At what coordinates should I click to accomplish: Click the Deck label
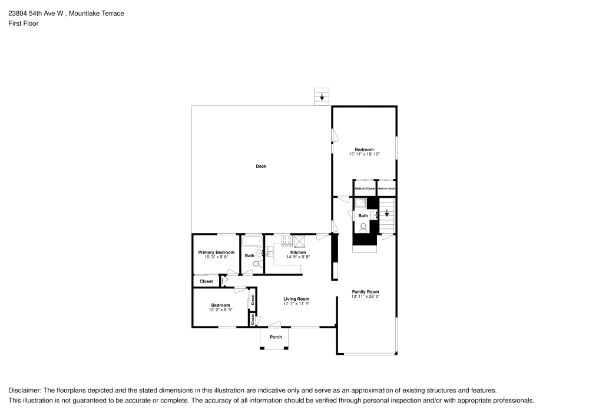click(261, 167)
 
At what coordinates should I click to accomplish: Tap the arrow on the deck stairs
click(322, 96)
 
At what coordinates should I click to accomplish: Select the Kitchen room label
click(298, 252)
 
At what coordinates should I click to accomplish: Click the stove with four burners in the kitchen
click(287, 240)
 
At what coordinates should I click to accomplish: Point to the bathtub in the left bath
click(253, 241)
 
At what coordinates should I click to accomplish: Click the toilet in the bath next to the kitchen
click(256, 265)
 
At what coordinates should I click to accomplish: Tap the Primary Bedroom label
click(216, 252)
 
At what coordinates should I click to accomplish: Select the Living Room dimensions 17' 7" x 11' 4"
click(296, 304)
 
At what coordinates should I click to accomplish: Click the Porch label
click(276, 337)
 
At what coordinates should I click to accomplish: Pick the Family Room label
click(365, 292)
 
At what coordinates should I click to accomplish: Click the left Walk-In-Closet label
click(365, 188)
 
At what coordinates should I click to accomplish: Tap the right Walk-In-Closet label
click(386, 188)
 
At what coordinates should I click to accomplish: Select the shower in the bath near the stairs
click(360, 203)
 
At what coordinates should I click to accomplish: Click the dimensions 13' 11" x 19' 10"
click(364, 154)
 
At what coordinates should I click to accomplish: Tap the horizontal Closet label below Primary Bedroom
click(206, 281)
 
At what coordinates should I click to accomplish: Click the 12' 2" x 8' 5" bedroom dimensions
click(220, 309)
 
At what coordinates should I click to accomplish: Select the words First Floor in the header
click(23, 24)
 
